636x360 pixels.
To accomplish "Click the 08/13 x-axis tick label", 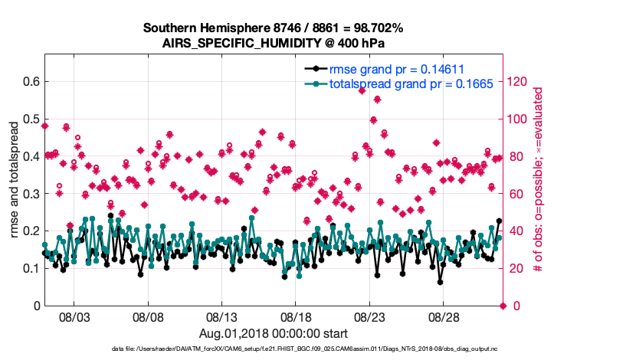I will (x=222, y=316).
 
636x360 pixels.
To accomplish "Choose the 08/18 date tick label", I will (x=296, y=316).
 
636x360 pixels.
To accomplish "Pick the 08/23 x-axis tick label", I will (x=369, y=316).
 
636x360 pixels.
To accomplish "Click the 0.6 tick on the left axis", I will (x=31, y=81).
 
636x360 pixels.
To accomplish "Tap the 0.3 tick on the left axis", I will (x=31, y=194).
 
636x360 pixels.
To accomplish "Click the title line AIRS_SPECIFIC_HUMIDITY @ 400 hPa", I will (x=274, y=43).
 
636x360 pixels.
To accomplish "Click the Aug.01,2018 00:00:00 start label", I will (x=274, y=333).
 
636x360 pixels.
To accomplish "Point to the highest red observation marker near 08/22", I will (x=362, y=90).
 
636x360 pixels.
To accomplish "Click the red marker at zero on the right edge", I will (x=503, y=306).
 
